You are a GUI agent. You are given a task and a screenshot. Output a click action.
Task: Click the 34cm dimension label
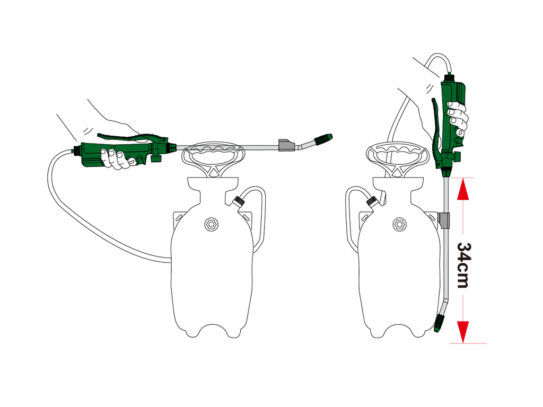(x=463, y=265)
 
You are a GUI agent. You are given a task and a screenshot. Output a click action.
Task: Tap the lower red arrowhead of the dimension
(x=463, y=331)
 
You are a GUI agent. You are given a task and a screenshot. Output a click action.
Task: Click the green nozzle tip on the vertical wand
(x=439, y=323)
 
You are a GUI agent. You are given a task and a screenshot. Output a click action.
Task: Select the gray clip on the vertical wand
(x=444, y=218)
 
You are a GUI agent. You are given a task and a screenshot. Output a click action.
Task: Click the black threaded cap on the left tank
(x=240, y=201)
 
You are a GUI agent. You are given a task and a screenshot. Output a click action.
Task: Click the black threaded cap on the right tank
(x=372, y=201)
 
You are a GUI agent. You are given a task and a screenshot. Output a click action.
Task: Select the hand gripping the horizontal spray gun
(x=117, y=158)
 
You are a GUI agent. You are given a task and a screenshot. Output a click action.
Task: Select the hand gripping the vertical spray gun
(x=457, y=118)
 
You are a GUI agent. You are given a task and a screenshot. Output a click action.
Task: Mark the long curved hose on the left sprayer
(x=80, y=223)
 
